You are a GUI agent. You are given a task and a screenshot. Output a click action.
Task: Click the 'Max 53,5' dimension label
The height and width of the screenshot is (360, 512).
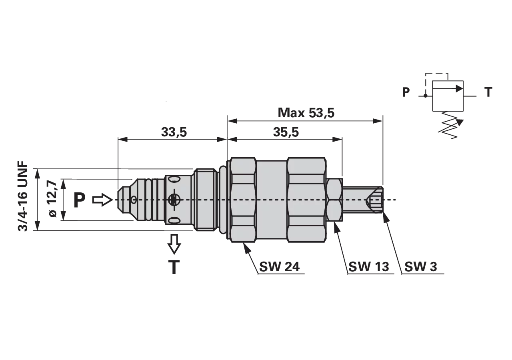click(306, 113)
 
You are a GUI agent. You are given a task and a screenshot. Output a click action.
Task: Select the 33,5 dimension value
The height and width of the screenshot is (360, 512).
click(174, 132)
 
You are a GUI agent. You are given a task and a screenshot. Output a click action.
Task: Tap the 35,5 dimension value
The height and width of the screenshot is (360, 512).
click(286, 132)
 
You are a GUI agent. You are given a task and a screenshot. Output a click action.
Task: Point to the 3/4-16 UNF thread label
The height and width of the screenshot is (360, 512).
click(23, 196)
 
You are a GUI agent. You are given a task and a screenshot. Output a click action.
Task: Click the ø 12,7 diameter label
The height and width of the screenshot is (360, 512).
click(52, 199)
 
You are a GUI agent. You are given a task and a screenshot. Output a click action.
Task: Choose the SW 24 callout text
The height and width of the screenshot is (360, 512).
click(279, 266)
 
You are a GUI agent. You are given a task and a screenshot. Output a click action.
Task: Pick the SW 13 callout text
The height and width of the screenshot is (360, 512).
click(368, 266)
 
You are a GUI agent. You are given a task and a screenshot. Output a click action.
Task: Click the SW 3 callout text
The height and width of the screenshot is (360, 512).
click(420, 266)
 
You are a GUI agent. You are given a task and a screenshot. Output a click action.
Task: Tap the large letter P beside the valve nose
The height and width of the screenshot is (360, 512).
click(80, 200)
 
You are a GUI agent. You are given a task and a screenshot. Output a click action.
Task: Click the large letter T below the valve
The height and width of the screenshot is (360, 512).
click(174, 267)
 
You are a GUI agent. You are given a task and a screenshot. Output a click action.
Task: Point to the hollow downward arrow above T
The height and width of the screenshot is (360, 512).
click(174, 244)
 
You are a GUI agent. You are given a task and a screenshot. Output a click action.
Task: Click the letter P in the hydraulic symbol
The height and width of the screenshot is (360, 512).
click(406, 92)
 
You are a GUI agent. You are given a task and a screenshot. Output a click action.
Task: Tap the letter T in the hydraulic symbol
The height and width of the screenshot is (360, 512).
click(488, 92)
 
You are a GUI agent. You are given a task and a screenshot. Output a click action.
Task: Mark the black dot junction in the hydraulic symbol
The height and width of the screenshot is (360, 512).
click(425, 96)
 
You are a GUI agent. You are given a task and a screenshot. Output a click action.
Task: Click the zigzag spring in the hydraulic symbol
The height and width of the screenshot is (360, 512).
click(448, 125)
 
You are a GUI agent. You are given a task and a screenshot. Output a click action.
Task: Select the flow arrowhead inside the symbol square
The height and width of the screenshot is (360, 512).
click(459, 88)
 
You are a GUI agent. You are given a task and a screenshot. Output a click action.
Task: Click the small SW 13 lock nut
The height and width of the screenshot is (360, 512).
click(334, 200)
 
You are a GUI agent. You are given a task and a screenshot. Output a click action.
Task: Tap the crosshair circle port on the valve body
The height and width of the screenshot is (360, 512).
click(174, 200)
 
